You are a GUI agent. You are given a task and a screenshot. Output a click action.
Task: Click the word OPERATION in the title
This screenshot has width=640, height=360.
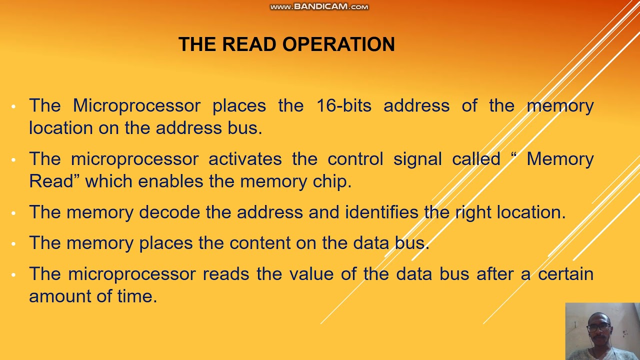[x=338, y=44]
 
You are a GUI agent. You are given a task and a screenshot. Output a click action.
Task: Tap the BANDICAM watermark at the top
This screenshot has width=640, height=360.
[x=319, y=6]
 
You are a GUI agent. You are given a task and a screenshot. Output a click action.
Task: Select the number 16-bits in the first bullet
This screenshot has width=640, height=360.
[x=343, y=105]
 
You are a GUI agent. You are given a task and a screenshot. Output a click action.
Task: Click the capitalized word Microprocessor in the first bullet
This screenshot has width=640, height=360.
[x=136, y=105]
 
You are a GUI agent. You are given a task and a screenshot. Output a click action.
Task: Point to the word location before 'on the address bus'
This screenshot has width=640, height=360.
[x=61, y=128]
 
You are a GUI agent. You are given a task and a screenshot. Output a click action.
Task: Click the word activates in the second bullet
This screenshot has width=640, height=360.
[x=245, y=159]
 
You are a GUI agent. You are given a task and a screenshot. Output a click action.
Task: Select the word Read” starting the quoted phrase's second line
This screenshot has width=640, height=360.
[x=54, y=181]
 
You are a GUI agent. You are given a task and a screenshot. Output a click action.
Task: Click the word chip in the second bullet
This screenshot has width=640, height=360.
[x=332, y=181]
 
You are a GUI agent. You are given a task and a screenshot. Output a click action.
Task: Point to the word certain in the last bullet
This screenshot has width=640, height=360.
[x=565, y=274]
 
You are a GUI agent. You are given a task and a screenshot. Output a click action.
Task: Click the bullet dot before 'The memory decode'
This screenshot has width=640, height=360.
[x=14, y=213]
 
